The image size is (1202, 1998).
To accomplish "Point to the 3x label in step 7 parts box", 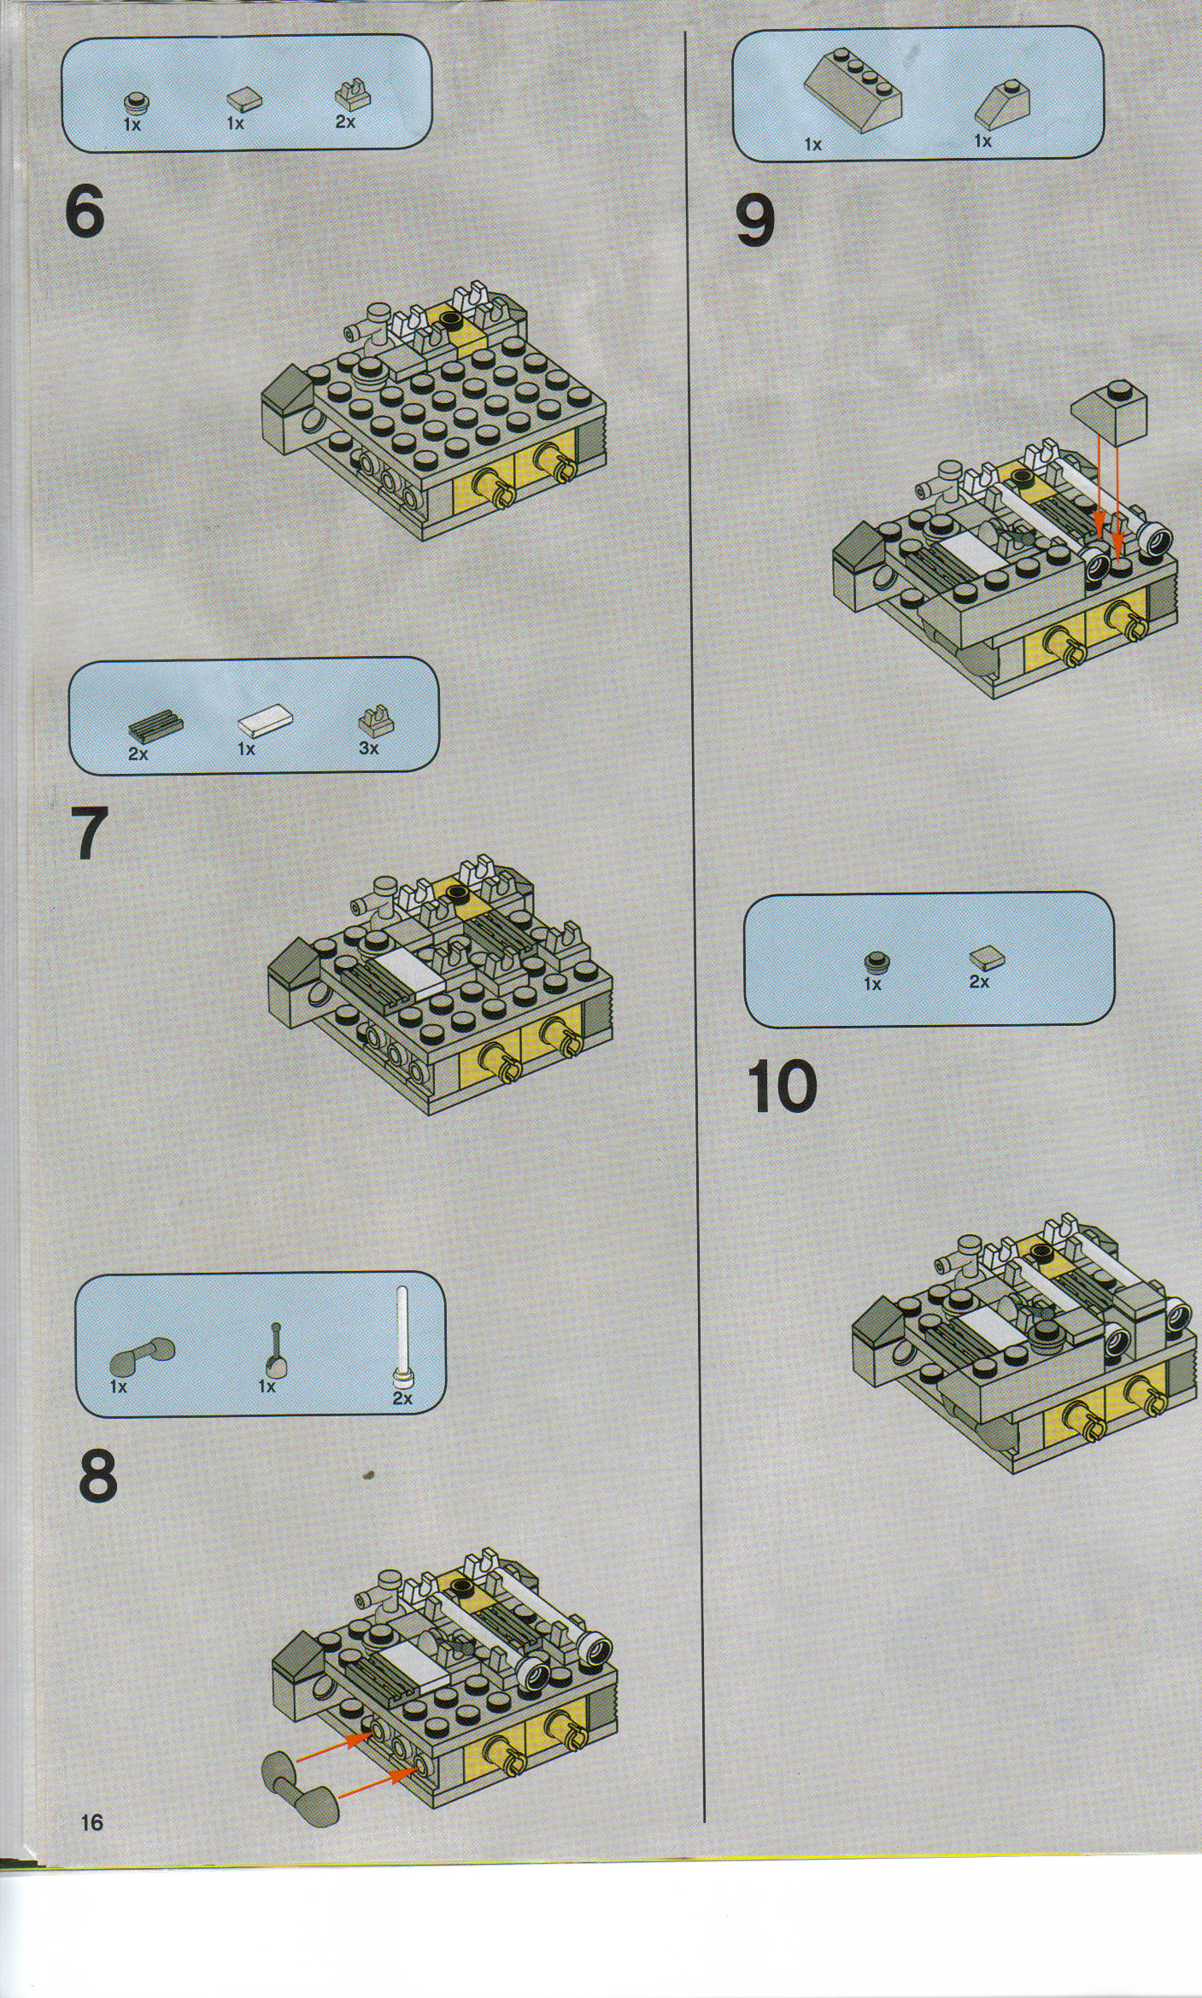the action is coord(369,748).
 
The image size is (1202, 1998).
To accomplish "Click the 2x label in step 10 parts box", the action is coord(979,982).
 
